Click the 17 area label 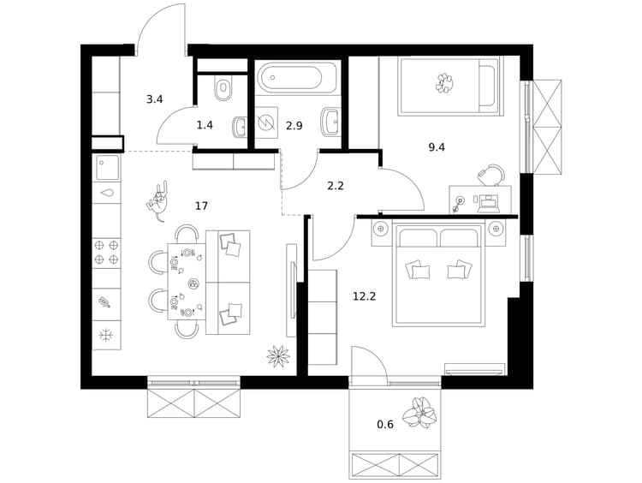201,206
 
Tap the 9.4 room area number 437,147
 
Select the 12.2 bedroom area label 364,295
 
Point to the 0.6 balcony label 385,425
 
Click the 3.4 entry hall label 155,99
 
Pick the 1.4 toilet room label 205,125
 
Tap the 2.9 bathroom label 294,126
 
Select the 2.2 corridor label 336,187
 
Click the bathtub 298,76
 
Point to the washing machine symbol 265,122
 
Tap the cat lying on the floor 158,200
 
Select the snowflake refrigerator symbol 106,336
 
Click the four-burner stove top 106,253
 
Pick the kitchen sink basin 108,167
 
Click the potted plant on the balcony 419,413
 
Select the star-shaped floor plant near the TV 278,355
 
